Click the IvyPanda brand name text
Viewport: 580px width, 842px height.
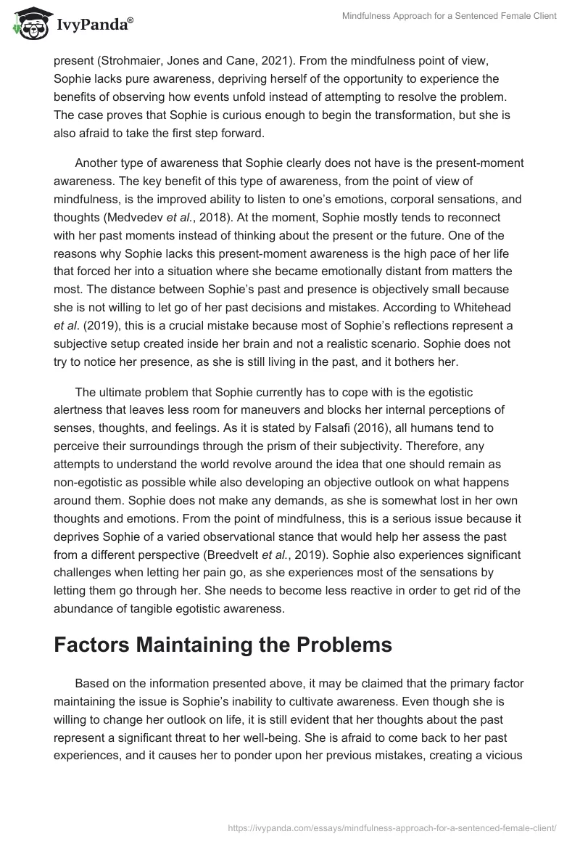point(92,24)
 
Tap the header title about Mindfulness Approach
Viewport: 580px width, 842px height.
point(449,16)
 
